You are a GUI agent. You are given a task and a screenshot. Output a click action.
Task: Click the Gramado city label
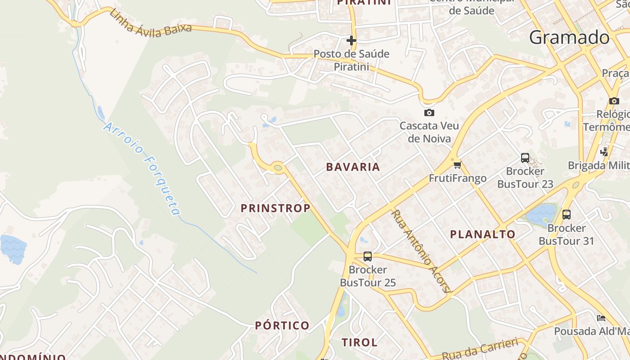pyautogui.click(x=569, y=37)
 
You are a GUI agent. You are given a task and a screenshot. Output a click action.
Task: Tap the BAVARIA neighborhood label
pyautogui.click(x=353, y=167)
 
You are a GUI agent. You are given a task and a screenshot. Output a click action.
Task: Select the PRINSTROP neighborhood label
pyautogui.click(x=275, y=208)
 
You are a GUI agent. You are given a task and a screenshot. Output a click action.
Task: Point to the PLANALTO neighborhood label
pyautogui.click(x=483, y=234)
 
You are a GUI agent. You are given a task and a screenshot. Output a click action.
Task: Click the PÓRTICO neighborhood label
pyautogui.click(x=282, y=325)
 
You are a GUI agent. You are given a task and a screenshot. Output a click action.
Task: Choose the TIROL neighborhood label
pyautogui.click(x=360, y=342)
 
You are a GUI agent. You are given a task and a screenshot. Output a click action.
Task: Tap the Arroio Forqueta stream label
pyautogui.click(x=142, y=168)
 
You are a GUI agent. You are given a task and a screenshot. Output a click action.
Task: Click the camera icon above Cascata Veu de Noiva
pyautogui.click(x=429, y=112)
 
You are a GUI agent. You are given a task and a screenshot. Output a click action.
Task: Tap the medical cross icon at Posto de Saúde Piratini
pyautogui.click(x=351, y=41)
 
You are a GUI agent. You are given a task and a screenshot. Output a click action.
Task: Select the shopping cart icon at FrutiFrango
pyautogui.click(x=458, y=165)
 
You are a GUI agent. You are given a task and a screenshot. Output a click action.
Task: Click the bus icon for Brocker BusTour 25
pyautogui.click(x=368, y=256)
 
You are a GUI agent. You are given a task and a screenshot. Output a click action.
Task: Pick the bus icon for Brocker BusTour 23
pyautogui.click(x=525, y=158)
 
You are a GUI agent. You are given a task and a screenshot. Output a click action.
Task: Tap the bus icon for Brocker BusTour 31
pyautogui.click(x=567, y=215)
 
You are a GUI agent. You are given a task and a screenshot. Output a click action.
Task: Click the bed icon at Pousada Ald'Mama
pyautogui.click(x=601, y=318)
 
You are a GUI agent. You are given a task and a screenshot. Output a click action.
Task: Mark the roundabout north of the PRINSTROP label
pyautogui.click(x=278, y=168)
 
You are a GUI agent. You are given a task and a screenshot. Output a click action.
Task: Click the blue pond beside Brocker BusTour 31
pyautogui.click(x=542, y=214)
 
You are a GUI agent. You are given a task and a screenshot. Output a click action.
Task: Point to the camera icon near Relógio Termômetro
pyautogui.click(x=614, y=101)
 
